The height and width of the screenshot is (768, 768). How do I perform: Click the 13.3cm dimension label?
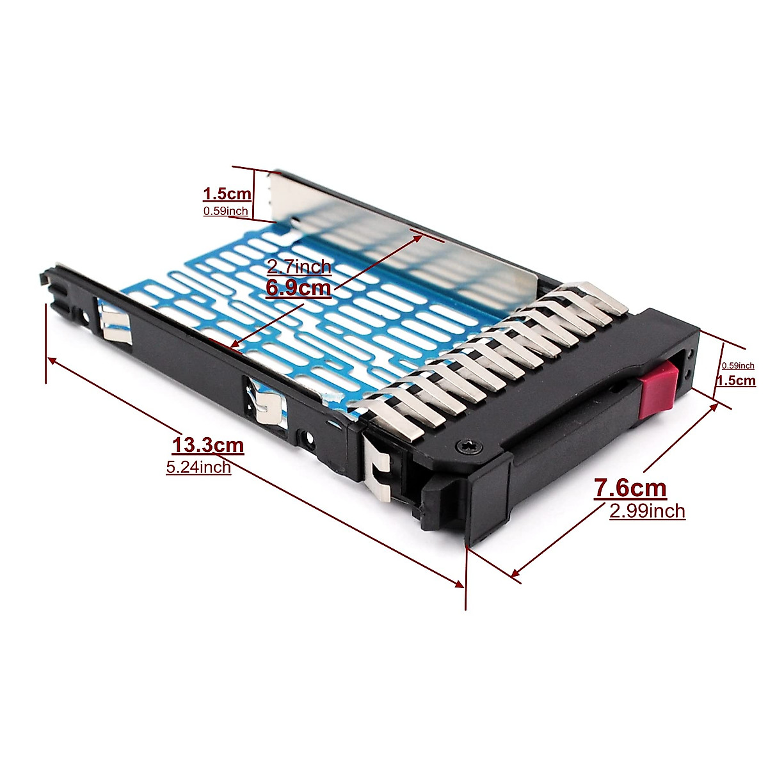207,444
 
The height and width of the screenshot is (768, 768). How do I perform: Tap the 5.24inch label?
198,467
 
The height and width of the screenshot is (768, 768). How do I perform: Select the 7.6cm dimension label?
630,488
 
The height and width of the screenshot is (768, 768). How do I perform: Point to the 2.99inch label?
647,511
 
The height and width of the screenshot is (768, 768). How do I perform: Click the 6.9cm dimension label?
299,288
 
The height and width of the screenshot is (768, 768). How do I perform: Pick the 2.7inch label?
299,266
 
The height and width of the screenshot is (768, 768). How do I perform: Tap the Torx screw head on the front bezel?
462,447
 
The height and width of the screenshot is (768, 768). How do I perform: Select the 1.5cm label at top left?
227,193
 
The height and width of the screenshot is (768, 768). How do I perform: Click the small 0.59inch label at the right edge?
738,365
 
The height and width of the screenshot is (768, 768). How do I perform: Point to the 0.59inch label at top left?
225,211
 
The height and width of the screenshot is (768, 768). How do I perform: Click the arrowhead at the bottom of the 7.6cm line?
515,572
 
